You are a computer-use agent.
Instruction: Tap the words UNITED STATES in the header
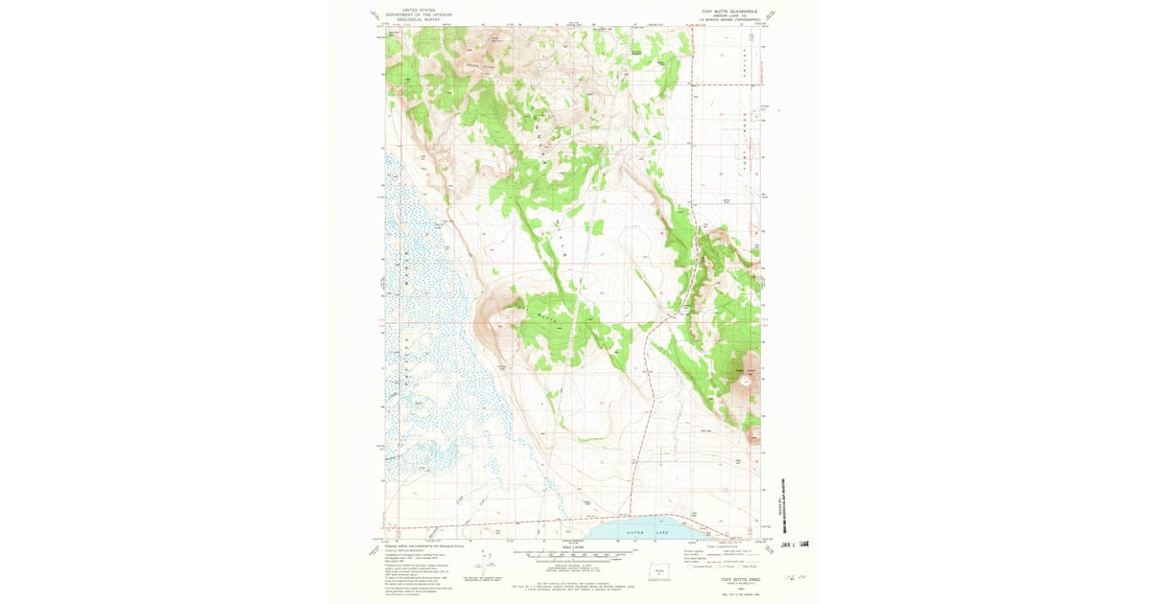pyautogui.click(x=418, y=11)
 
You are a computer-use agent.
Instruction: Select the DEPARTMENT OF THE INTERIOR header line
pyautogui.click(x=418, y=15)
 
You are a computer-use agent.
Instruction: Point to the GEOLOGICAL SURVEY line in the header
pyautogui.click(x=418, y=19)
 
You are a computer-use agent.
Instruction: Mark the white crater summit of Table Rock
pyautogui.click(x=746, y=383)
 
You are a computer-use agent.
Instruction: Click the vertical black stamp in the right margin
pyautogui.click(x=794, y=494)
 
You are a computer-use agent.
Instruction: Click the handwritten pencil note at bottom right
pyautogui.click(x=793, y=579)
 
